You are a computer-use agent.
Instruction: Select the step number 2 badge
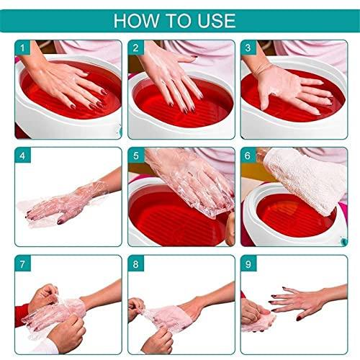click(x=136, y=48)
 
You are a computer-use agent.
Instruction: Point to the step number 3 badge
click(x=249, y=48)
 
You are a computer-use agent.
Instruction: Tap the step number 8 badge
click(x=136, y=264)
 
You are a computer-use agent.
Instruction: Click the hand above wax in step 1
click(x=68, y=83)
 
